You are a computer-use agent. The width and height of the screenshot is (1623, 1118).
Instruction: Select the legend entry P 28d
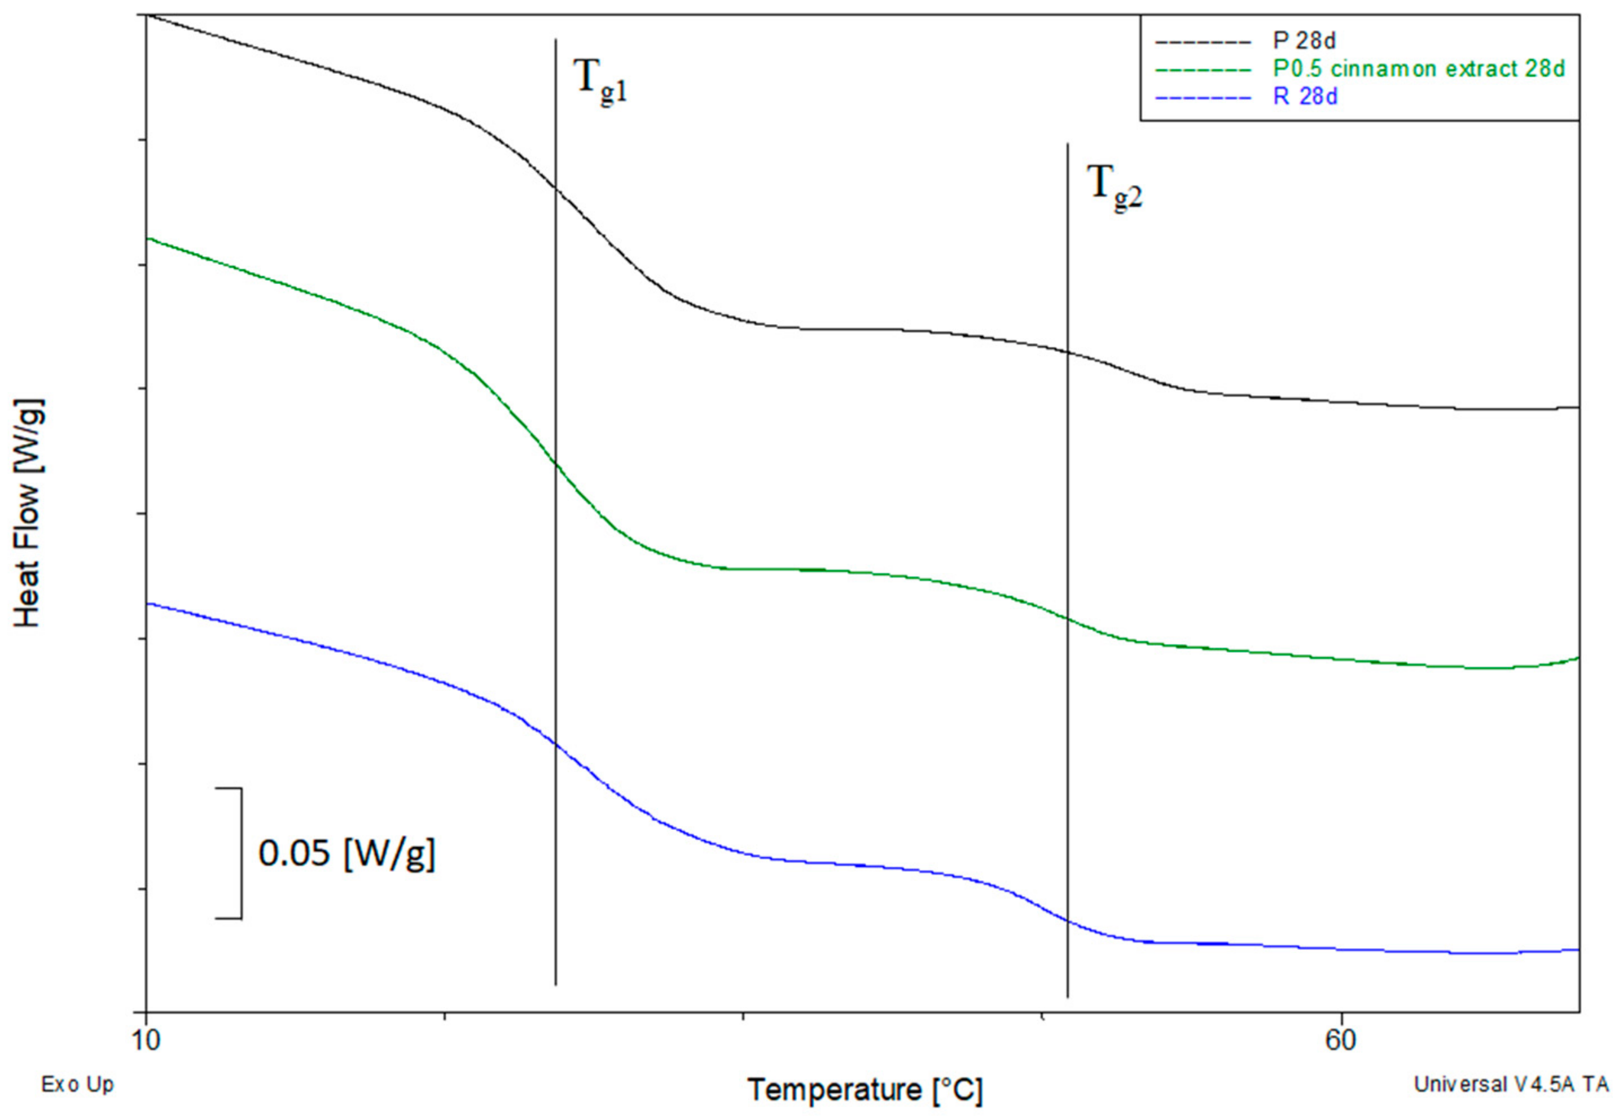click(1304, 41)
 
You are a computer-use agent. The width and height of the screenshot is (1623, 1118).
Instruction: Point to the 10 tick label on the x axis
click(146, 1040)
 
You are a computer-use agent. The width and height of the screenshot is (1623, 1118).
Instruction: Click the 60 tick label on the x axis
click(1340, 1040)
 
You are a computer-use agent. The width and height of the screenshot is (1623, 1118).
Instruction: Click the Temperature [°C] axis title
click(865, 1090)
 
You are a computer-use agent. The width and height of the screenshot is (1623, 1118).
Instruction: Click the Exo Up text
click(77, 1084)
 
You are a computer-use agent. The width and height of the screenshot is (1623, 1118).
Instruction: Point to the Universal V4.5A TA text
click(1511, 1084)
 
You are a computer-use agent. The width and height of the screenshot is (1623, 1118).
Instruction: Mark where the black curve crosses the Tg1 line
click(556, 187)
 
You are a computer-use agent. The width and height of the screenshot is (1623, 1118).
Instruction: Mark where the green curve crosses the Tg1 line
click(556, 463)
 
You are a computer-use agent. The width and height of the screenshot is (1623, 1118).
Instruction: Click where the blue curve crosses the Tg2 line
click(1067, 920)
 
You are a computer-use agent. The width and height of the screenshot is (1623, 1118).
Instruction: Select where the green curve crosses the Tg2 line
click(1067, 618)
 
